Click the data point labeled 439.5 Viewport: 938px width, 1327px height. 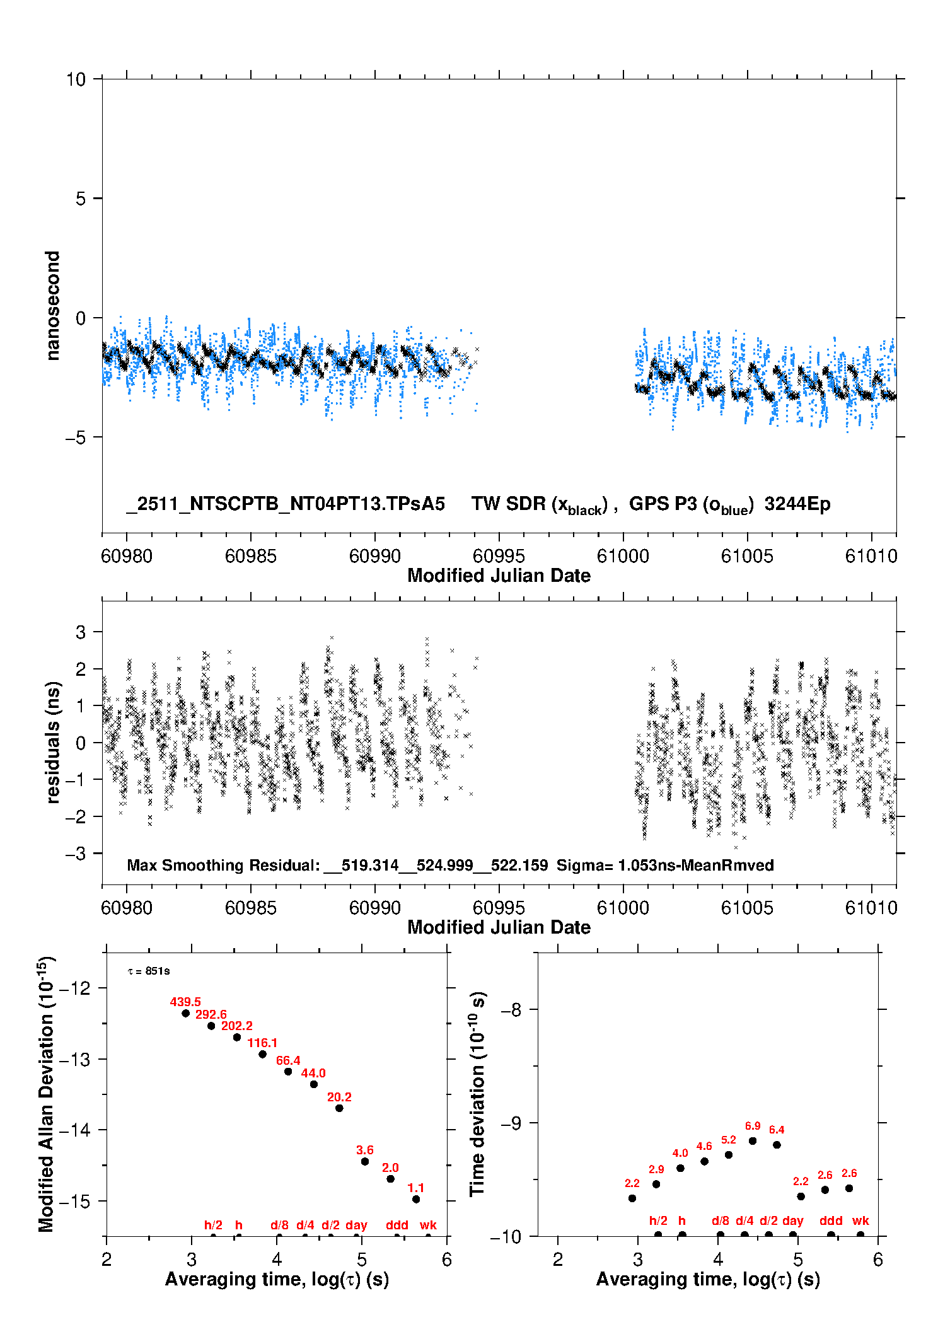pos(185,1014)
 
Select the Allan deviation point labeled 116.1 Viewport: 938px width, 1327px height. pos(262,1054)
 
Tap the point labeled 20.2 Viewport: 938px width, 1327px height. pos(339,1108)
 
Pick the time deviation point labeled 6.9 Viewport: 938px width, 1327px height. pos(753,1141)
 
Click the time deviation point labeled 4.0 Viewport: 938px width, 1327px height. pos(680,1168)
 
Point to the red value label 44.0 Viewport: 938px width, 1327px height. pos(313,1073)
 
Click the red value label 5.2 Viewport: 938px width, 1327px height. pos(729,1140)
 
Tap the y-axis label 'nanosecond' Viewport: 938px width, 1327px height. pos(52,306)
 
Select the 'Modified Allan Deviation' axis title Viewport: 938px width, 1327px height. pos(46,1094)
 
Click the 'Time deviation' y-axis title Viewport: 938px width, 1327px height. pos(477,1094)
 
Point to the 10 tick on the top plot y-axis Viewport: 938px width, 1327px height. pos(76,79)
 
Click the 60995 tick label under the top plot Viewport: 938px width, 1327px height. pos(499,556)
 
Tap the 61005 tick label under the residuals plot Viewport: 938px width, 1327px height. pos(747,908)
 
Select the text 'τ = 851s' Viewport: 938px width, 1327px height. pos(149,971)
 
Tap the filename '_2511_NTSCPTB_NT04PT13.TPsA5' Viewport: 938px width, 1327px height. pos(286,504)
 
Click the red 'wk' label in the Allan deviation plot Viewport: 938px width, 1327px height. pos(428,1225)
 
